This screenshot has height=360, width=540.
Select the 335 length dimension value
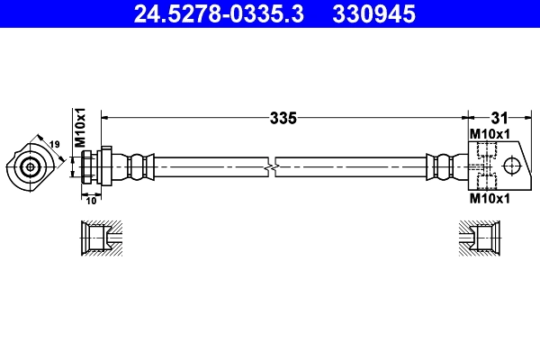click(x=283, y=117)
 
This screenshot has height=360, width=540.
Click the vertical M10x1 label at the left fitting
click(x=79, y=128)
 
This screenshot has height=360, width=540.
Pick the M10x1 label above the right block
click(x=490, y=134)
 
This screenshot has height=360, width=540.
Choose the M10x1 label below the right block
click(x=490, y=199)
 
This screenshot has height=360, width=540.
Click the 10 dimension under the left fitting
click(x=91, y=200)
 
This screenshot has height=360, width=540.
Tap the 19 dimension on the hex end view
click(x=54, y=144)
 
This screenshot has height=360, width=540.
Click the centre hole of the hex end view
click(x=31, y=166)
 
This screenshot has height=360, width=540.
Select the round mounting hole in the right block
click(x=513, y=166)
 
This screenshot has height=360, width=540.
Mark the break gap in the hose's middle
click(x=273, y=166)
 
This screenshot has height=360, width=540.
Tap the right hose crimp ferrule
click(x=440, y=166)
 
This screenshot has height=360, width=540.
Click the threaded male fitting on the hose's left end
click(x=93, y=166)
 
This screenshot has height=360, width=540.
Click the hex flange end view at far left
click(x=30, y=166)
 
